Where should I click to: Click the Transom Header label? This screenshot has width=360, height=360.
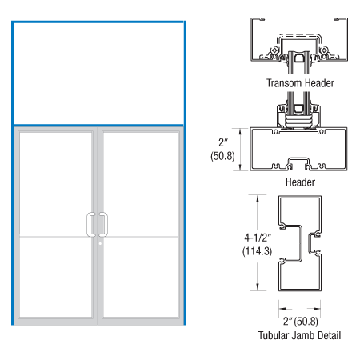pos(300,82)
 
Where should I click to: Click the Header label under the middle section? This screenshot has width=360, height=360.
pos(300,182)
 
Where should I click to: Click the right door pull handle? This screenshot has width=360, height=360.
pos(103,224)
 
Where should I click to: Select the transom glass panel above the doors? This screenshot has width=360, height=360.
pos(98,73)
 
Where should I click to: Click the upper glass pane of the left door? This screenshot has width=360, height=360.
pos(56,182)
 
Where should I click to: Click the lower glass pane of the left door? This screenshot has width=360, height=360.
pos(56,276)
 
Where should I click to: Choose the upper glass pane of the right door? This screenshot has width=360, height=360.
pos(141,182)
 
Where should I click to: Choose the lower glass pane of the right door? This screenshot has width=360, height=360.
pos(141,276)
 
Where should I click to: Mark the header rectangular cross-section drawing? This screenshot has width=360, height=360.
pos(300,150)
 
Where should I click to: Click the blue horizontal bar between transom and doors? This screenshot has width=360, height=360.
pos(98,126)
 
